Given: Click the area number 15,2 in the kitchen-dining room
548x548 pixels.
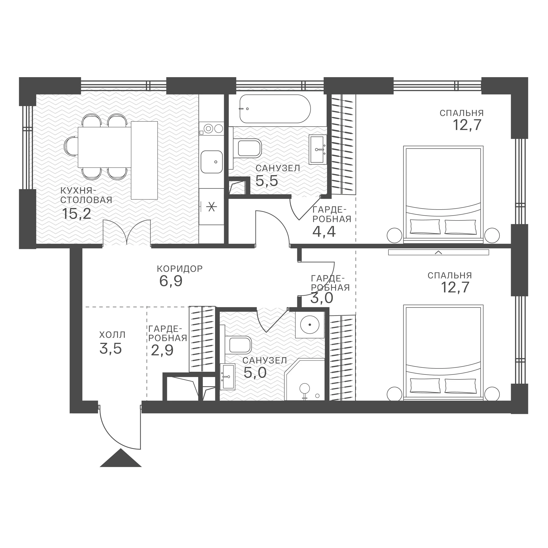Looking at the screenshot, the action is [76, 214].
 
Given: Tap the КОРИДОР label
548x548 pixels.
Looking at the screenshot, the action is [180, 269].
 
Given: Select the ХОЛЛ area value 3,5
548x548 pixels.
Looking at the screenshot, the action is [111, 348].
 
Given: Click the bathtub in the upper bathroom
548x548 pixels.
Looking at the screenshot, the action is [275, 109].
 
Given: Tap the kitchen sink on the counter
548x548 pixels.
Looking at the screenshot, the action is [212, 162].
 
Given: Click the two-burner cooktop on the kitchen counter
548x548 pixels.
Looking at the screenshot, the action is [211, 128].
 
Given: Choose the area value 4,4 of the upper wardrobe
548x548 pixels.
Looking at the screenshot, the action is [324, 232].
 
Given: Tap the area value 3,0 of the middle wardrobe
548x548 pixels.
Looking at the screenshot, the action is [322, 298].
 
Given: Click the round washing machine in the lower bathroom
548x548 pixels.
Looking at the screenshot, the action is [310, 324].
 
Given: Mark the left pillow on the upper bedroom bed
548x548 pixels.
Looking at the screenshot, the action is [425, 227].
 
